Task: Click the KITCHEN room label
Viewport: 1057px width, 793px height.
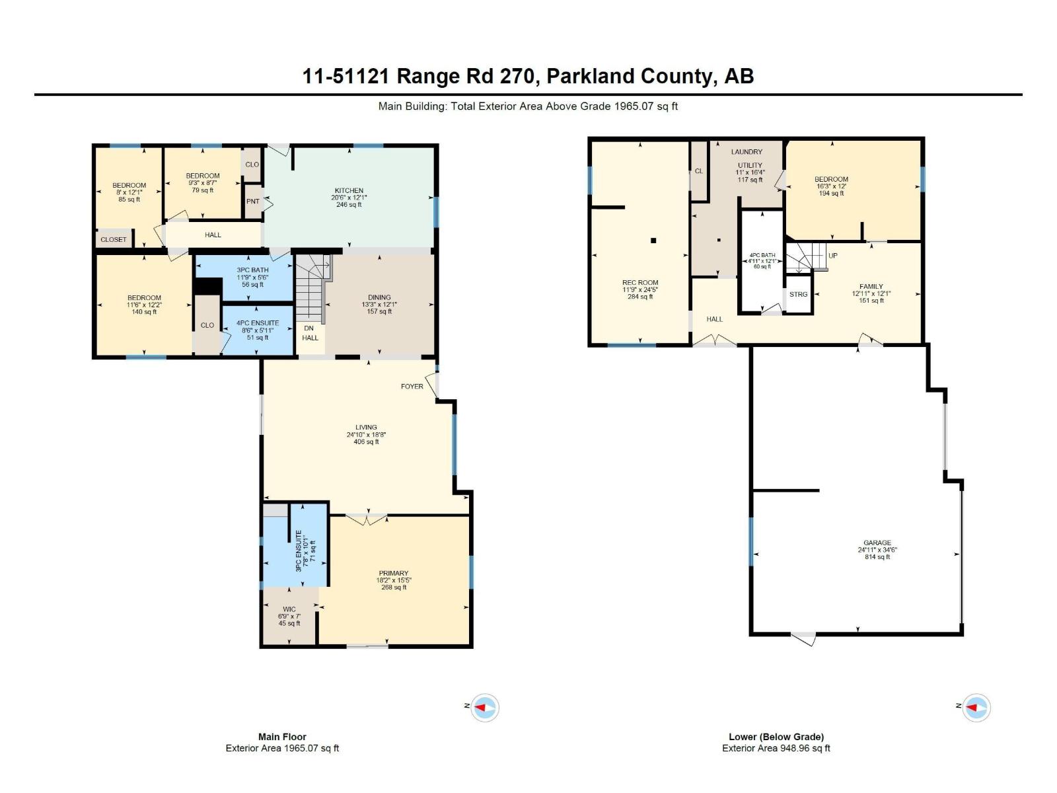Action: pos(349,190)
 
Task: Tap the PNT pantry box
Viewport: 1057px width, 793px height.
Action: pos(252,202)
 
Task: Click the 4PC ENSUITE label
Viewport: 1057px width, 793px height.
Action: pos(258,323)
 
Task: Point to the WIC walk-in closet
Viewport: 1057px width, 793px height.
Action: pos(289,609)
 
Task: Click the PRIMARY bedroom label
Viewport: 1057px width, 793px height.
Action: pos(394,573)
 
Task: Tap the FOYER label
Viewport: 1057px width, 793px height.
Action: pos(412,387)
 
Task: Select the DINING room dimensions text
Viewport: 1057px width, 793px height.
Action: pos(379,305)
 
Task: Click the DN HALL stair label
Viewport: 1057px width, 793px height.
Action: pos(310,332)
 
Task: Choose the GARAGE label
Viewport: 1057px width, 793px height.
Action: pos(877,543)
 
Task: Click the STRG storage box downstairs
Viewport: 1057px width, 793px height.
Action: pos(798,294)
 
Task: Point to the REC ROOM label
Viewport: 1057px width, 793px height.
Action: pos(640,282)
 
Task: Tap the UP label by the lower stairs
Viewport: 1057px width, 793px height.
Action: pos(832,256)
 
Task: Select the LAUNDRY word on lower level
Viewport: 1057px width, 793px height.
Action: pos(747,152)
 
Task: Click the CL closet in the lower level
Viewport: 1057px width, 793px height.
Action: pos(699,171)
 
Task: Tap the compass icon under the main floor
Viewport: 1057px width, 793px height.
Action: pos(485,707)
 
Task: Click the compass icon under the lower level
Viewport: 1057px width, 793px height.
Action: pos(976,707)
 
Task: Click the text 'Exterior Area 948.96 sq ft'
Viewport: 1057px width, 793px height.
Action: pos(776,748)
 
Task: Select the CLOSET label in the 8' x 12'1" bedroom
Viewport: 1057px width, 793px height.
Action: pos(114,239)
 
